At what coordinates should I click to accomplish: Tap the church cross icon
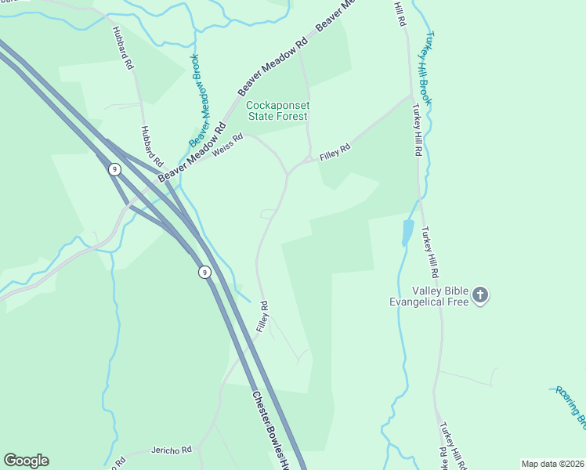tap(480, 295)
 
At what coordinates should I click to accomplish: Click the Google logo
tap(26, 461)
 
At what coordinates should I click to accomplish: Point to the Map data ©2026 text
tap(552, 464)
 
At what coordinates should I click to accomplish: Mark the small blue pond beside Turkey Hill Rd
tap(407, 233)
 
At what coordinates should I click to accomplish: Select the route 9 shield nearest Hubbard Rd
tap(114, 169)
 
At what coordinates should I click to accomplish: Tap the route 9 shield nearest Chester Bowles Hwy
tap(204, 272)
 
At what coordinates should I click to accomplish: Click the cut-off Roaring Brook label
tap(571, 405)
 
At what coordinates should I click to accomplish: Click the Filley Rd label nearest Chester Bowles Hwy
tap(263, 316)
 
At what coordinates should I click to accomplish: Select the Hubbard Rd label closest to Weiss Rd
tap(151, 146)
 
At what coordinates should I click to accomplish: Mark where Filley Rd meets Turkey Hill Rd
tap(411, 97)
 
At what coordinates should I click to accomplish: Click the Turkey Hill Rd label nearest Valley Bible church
tap(429, 253)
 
